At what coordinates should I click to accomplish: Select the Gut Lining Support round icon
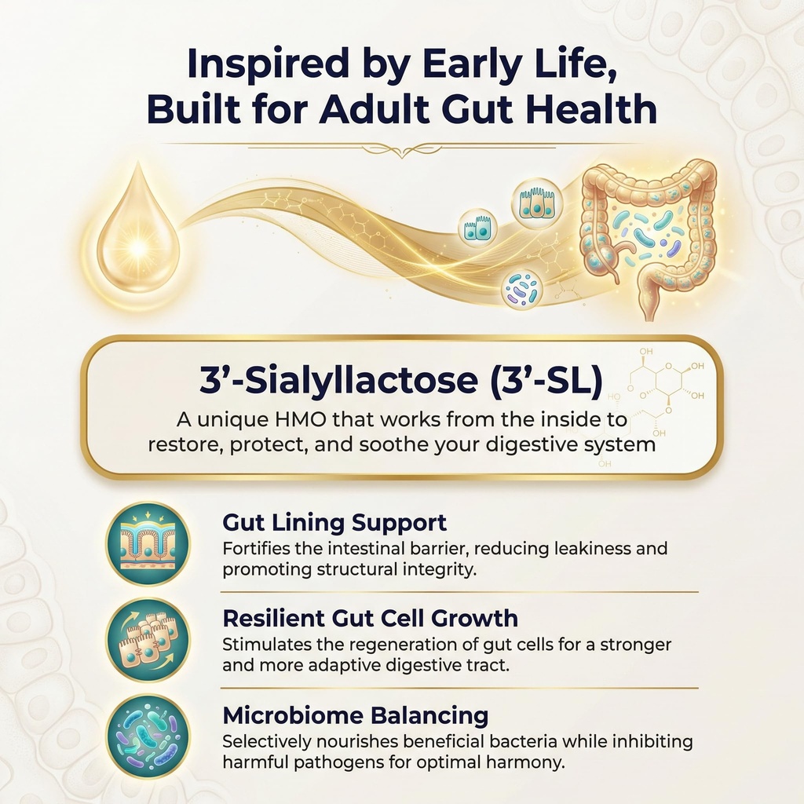(x=148, y=543)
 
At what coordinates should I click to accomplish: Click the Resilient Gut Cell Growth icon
(x=148, y=639)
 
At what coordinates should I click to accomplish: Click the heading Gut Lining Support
(x=334, y=522)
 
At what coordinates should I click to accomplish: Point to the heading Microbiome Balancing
(x=355, y=715)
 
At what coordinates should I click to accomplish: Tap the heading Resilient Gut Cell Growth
(x=370, y=618)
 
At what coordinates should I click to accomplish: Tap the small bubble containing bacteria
(x=522, y=289)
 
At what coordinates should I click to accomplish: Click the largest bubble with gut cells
(x=537, y=203)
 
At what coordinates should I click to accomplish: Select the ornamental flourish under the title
(x=402, y=148)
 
